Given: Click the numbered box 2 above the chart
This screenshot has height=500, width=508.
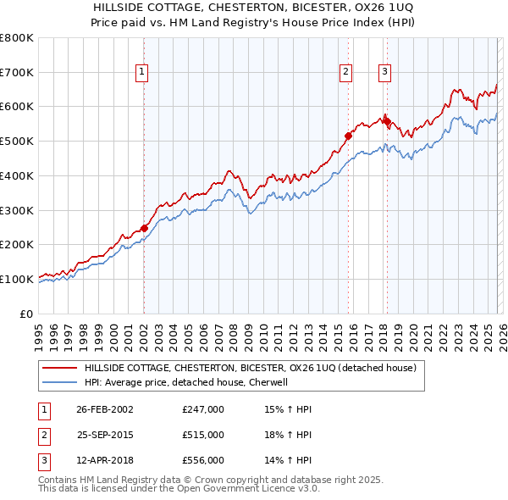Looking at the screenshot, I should [x=346, y=73].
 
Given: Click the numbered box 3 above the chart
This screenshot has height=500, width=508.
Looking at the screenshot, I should [x=384, y=73].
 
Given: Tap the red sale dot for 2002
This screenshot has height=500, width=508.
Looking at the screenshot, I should [x=144, y=228].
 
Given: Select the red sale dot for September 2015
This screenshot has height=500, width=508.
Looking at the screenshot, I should [x=348, y=136].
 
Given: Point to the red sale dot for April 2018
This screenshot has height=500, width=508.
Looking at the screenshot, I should [x=386, y=121].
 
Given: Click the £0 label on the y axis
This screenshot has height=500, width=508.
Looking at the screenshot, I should [x=25, y=313].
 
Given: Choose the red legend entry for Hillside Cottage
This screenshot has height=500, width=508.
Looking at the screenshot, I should [x=250, y=369].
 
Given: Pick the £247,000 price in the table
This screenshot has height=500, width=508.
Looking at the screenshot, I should [x=203, y=409].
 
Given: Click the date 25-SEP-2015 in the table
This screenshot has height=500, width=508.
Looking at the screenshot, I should [x=105, y=435].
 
